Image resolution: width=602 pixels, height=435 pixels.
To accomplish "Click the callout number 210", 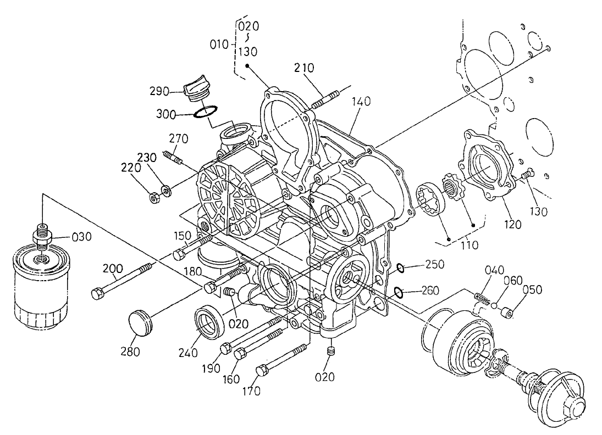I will pos(304,68).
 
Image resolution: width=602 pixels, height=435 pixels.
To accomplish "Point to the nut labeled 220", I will pos(155,196).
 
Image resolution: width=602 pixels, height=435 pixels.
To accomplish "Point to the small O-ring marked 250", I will pos(401,268).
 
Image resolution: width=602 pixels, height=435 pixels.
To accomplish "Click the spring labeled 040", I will pos(482,298).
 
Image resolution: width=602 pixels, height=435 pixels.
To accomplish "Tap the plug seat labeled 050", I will pos(507,313).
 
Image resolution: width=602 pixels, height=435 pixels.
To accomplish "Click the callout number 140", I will pos(362,101).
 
